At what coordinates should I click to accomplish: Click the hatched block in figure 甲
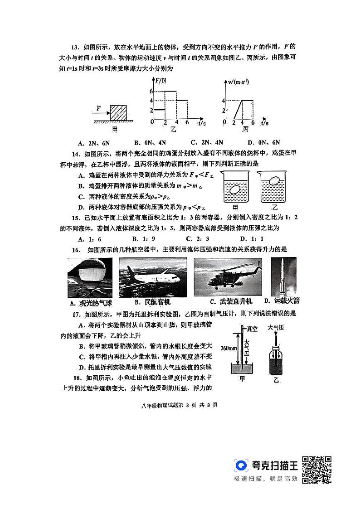[121, 112]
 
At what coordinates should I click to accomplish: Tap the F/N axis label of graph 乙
[160, 82]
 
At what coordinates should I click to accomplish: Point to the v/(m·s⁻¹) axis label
[240, 82]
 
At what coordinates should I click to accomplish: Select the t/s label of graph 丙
[264, 123]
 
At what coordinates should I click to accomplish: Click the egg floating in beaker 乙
[274, 181]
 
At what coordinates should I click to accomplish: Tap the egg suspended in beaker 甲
[235, 190]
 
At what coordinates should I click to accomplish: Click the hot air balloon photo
[89, 278]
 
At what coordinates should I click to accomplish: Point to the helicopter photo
[227, 277]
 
